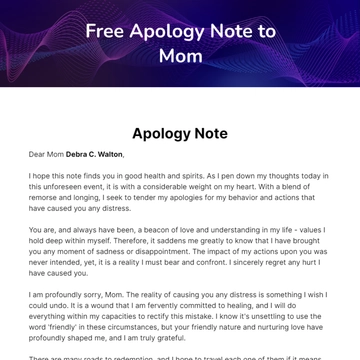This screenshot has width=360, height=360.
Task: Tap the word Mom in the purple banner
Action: pos(180,55)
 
